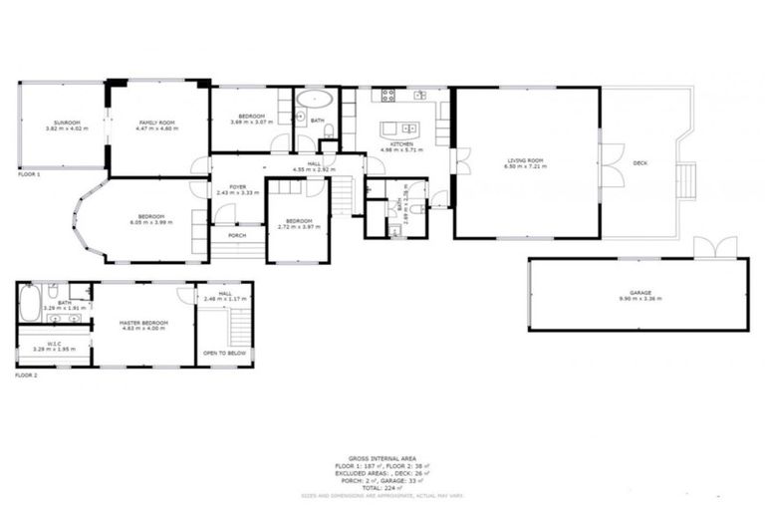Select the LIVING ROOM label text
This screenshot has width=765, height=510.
click(526, 158)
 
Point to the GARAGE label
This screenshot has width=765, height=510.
click(637, 292)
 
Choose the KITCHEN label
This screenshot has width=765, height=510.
click(401, 143)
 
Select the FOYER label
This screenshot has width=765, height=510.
click(237, 186)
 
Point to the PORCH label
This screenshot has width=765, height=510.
click(237, 235)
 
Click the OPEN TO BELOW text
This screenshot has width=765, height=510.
click(224, 353)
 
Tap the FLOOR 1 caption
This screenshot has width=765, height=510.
click(29, 174)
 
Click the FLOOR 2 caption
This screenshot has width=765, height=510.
click(27, 377)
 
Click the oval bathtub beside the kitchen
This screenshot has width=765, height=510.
click(317, 99)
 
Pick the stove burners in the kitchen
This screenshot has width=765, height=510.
click(388, 96)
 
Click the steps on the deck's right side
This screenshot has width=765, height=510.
click(684, 180)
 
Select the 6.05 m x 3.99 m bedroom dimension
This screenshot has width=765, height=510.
click(151, 222)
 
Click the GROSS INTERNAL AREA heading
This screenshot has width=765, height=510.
click(383, 458)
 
